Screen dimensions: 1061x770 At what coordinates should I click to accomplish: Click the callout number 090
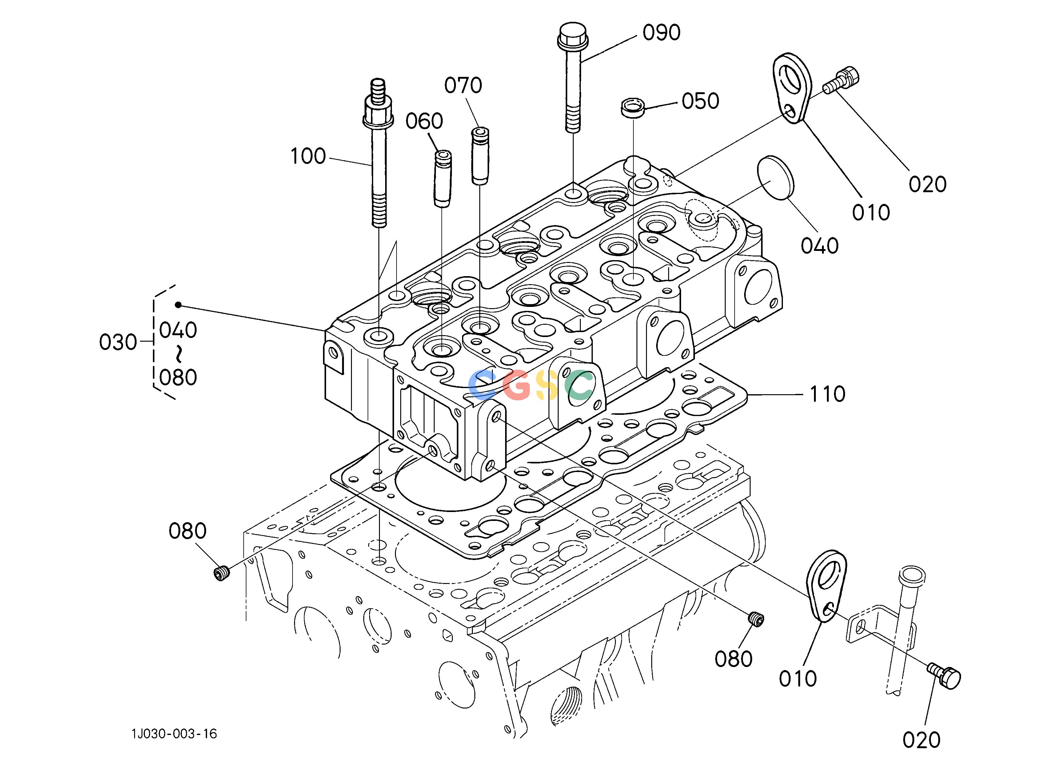click(x=661, y=33)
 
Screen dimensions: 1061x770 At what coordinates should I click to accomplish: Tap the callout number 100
click(x=308, y=156)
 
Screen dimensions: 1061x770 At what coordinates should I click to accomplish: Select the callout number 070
click(x=463, y=85)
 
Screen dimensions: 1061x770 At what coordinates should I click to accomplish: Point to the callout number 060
click(x=424, y=121)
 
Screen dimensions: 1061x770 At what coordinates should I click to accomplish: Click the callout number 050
click(x=700, y=101)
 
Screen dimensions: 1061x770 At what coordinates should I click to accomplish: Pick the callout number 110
click(x=827, y=395)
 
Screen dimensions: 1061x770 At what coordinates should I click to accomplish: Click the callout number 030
click(x=118, y=343)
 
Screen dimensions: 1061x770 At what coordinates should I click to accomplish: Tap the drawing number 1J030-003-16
click(x=174, y=734)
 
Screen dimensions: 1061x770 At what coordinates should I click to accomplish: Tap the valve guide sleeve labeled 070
click(x=480, y=156)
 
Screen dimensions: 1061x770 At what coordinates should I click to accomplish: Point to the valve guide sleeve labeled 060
click(x=442, y=179)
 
